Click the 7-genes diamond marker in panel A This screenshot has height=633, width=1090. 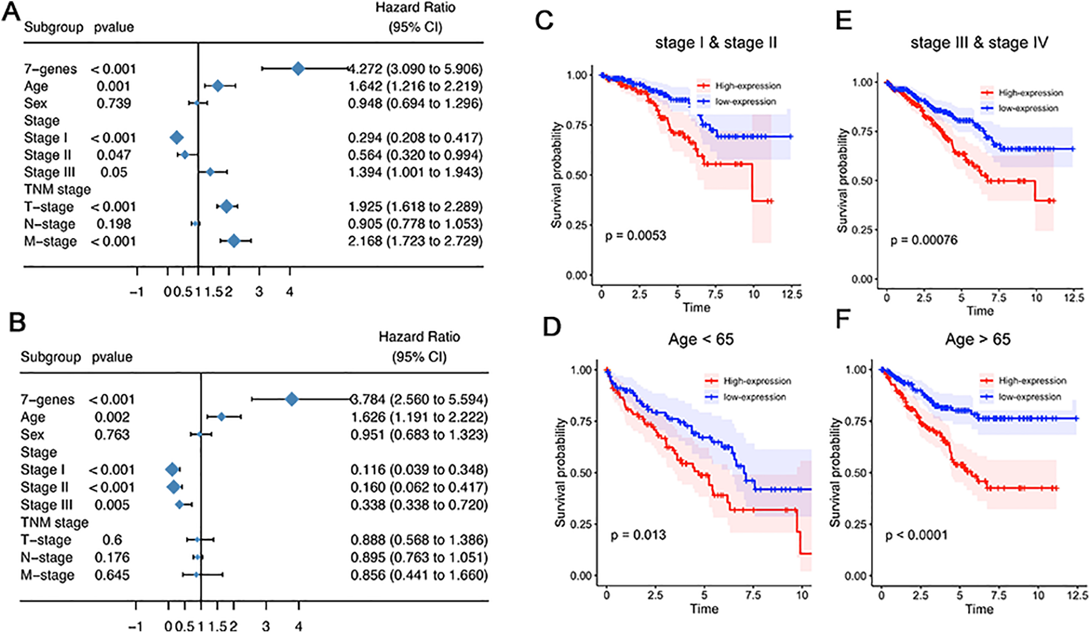point(298,69)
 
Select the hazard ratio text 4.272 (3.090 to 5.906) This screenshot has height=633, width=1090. point(416,69)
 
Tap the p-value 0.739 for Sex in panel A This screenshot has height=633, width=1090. point(114,103)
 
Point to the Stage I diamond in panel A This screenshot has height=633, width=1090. point(177,138)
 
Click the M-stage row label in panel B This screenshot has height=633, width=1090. point(47,575)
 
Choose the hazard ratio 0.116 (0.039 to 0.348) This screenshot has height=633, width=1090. point(420,469)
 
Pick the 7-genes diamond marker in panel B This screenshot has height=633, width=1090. point(292,399)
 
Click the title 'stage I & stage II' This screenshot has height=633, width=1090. point(716,43)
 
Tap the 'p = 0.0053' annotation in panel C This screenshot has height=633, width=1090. point(636,236)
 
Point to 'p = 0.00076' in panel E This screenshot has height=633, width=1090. point(924,240)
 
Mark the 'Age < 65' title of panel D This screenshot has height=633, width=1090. point(701,339)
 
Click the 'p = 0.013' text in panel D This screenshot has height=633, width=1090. point(639,535)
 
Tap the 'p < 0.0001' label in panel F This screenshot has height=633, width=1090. point(917,535)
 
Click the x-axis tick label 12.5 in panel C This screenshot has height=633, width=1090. point(792,294)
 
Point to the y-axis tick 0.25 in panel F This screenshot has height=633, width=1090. point(856,524)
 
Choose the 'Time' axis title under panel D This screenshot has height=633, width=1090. point(704,609)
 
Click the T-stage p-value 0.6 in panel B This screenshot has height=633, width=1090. point(113,540)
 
